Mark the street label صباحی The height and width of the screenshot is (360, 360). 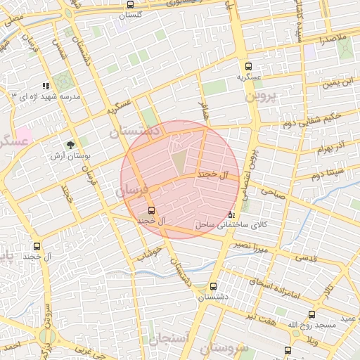click(x=274, y=190)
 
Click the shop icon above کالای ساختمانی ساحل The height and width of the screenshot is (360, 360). click(x=232, y=214)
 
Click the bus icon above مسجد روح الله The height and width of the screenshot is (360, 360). click(x=311, y=315)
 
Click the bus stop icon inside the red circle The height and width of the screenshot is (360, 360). click(x=151, y=210)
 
